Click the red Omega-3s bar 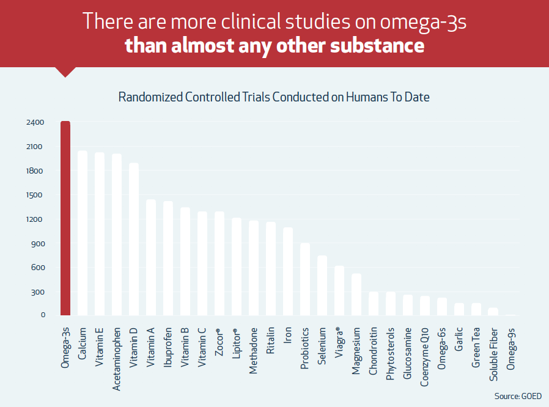65,219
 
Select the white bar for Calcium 83,233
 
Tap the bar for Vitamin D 134,239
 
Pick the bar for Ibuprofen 168,258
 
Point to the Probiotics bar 305,279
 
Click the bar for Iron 288,271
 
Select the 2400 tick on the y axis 35,122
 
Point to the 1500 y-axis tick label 35,195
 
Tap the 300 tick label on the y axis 39,291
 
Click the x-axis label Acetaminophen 117,353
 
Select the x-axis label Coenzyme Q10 425,355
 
